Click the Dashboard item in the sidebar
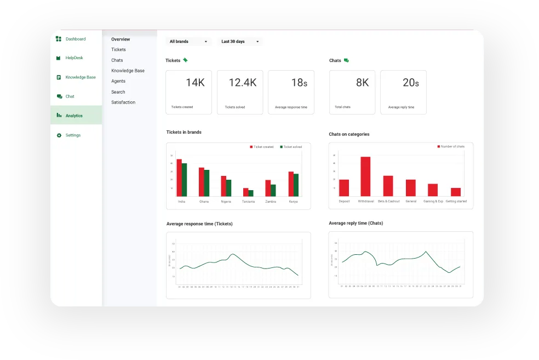point(75,39)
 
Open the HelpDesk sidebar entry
point(74,58)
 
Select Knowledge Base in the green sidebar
point(80,77)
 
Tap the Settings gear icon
point(59,135)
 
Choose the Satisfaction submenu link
point(123,102)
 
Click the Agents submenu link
point(118,81)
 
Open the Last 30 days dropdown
point(240,42)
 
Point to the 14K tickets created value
point(195,83)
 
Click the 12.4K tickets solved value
point(242,83)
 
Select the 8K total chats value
point(362,83)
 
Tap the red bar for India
point(179,178)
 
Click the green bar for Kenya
point(296,185)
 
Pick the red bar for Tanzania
point(246,192)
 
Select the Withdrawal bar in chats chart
point(365,176)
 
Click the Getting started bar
point(456,192)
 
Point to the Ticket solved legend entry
point(292,147)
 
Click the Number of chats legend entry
point(452,146)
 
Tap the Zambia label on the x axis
point(271,202)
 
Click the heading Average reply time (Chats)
point(355,223)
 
